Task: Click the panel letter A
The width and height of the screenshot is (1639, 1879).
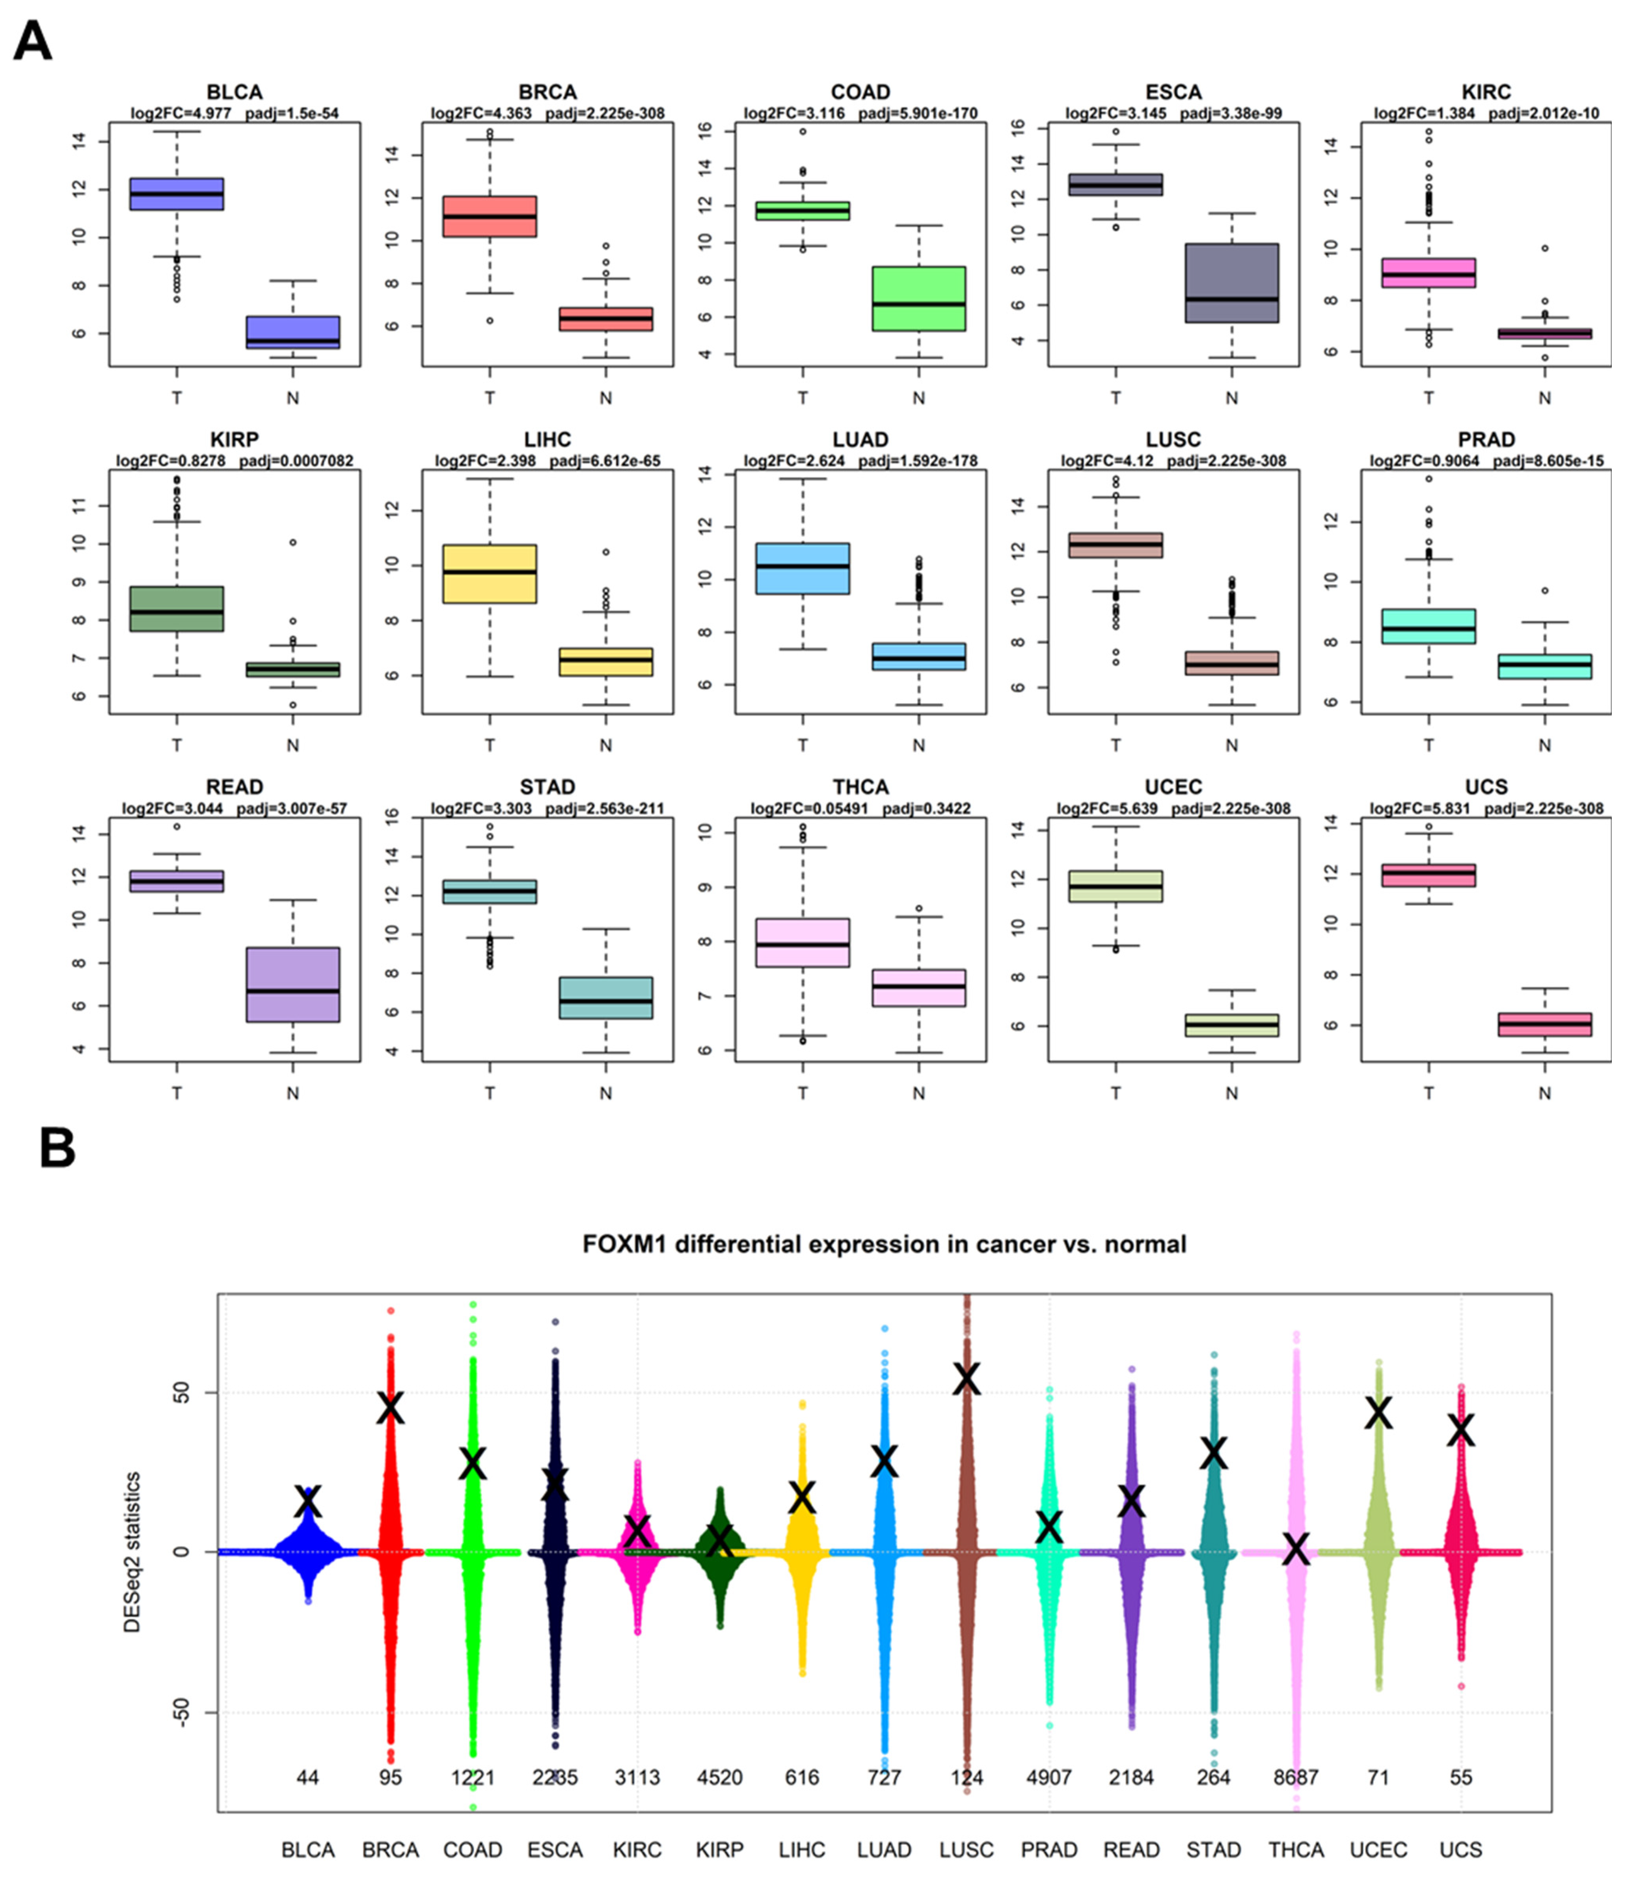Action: pyautogui.click(x=33, y=41)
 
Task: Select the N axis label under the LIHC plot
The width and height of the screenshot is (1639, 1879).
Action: pyautogui.click(x=605, y=746)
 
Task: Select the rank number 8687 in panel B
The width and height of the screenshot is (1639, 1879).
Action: pyautogui.click(x=1296, y=1777)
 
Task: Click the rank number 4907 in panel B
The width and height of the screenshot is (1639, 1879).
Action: pyautogui.click(x=1049, y=1777)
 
